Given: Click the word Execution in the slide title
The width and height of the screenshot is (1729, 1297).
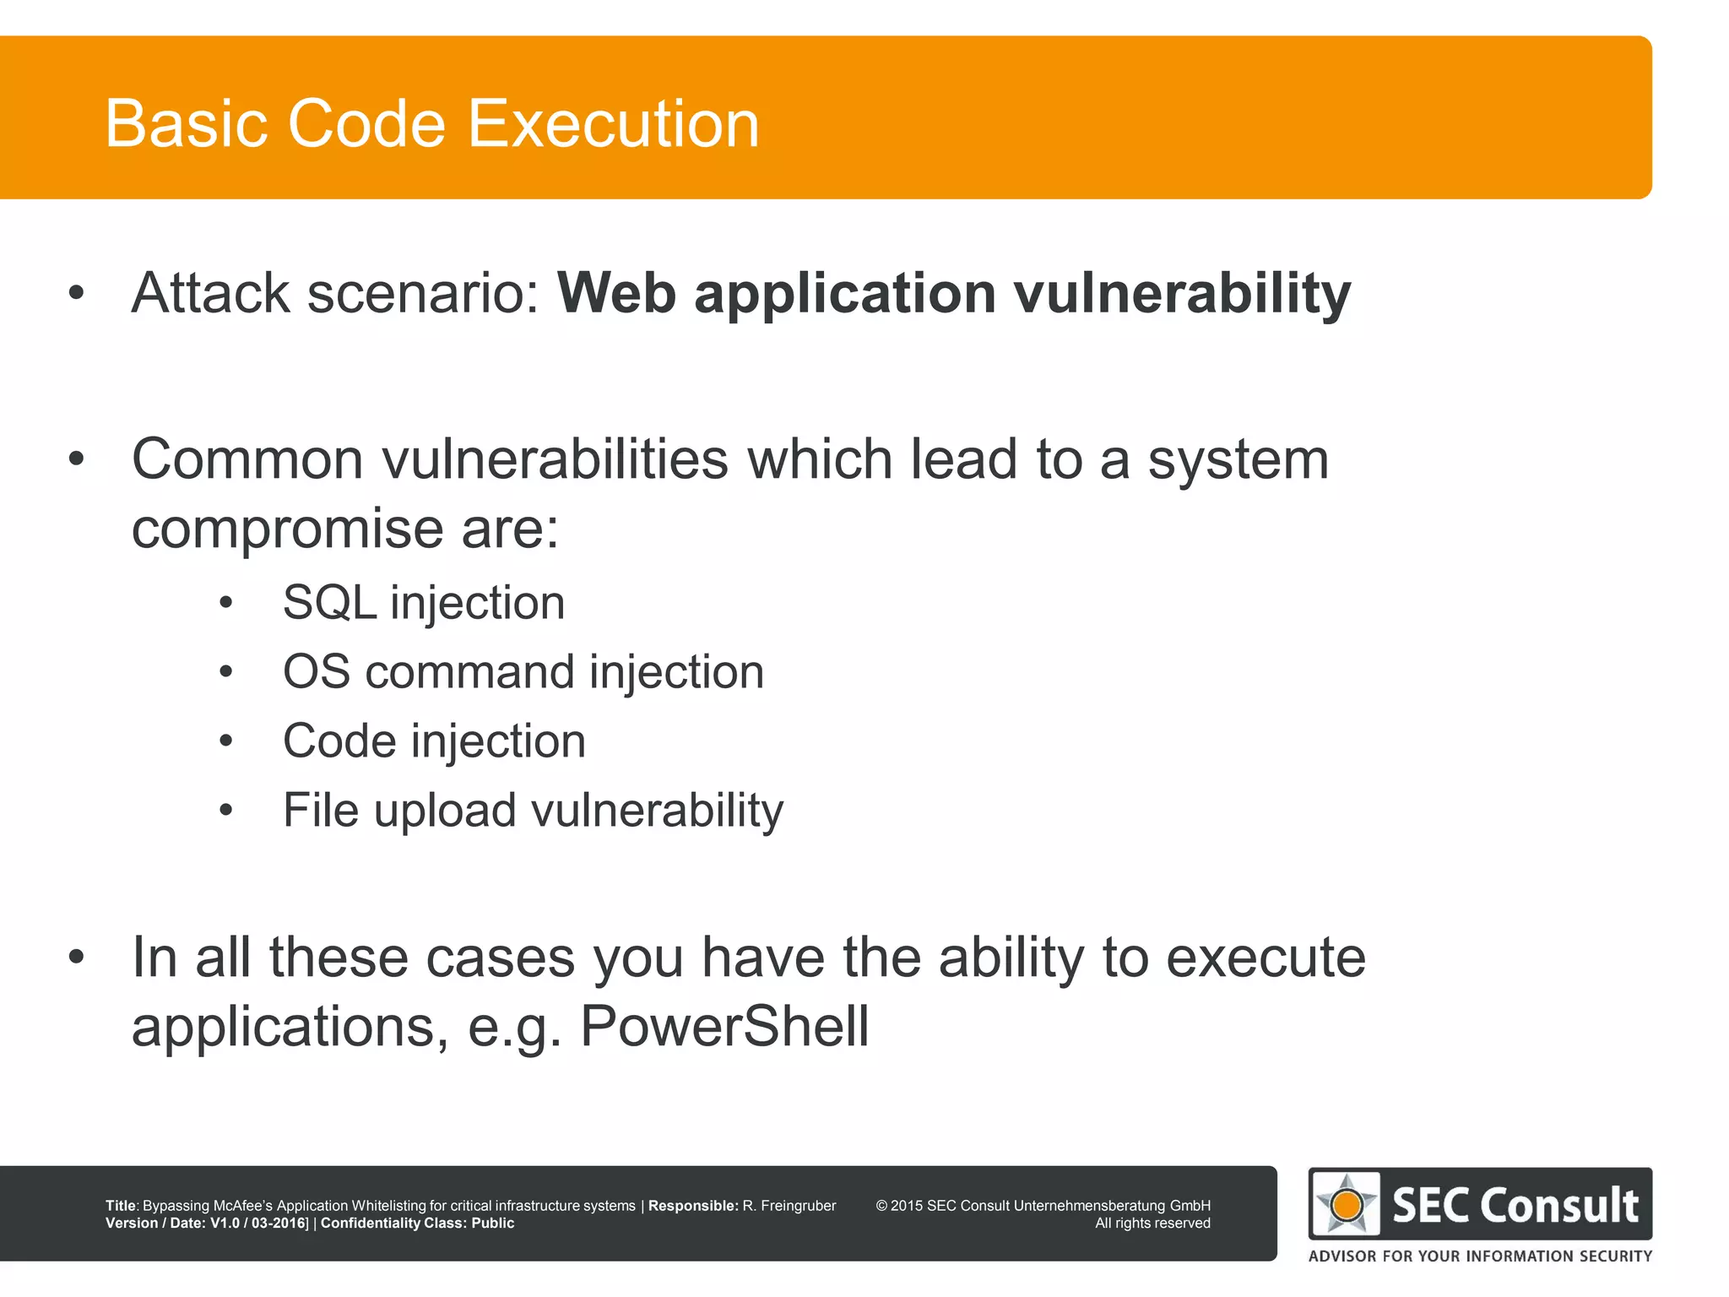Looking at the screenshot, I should click(x=613, y=124).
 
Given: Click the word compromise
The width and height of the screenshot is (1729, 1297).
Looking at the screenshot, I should click(x=287, y=530).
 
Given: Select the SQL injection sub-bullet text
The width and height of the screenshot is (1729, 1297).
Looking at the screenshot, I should click(x=424, y=603).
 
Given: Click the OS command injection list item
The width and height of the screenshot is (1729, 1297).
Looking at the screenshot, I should click(x=523, y=672).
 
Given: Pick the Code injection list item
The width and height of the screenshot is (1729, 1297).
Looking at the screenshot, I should click(x=434, y=741).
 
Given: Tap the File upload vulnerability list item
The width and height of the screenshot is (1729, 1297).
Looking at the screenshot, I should click(x=533, y=811).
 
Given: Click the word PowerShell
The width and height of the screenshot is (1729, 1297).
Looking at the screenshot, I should click(x=724, y=1027).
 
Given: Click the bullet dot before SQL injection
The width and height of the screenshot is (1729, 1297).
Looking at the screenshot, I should click(x=225, y=603).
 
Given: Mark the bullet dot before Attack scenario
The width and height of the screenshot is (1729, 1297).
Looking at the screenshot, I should click(x=77, y=294).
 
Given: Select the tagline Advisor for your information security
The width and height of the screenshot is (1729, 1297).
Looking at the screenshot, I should click(x=1480, y=1256).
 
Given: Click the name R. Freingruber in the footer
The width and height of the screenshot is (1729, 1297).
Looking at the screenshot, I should click(x=789, y=1206).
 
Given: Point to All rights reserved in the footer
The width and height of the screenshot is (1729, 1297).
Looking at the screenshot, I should click(x=1152, y=1223).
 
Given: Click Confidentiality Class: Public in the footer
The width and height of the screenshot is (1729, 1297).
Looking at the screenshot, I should click(x=417, y=1223).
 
